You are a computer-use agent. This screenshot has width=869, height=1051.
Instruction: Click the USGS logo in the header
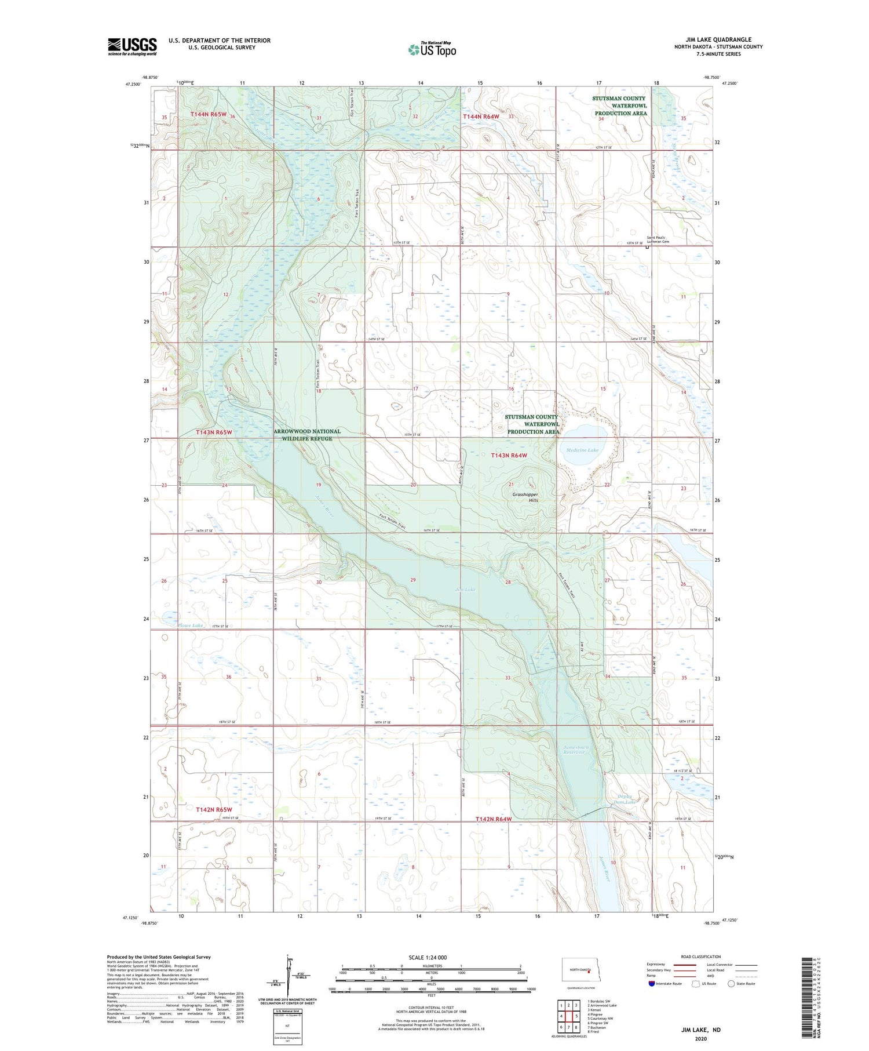(x=132, y=46)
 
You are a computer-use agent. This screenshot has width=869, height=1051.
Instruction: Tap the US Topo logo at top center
(x=432, y=49)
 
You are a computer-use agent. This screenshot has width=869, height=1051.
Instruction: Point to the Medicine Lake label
(x=582, y=450)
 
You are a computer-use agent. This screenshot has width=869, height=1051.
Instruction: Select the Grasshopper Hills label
(x=525, y=497)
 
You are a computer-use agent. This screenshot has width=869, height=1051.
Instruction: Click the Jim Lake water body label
(x=465, y=590)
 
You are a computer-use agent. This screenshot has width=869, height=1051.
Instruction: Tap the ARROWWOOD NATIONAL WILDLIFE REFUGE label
(x=307, y=435)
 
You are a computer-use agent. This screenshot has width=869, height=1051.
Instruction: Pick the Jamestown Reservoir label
(x=575, y=750)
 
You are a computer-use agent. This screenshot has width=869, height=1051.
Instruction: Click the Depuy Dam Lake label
(x=625, y=799)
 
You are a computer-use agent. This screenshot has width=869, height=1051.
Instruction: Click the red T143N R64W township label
(x=509, y=456)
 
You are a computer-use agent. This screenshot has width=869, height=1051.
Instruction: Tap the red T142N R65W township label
(x=214, y=809)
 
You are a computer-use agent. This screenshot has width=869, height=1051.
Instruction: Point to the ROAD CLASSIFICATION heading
(x=701, y=957)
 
